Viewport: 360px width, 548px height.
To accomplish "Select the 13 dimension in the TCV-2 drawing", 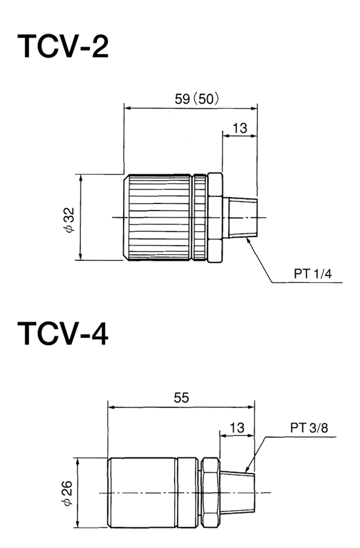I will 239,128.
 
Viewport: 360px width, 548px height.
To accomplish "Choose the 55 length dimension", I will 181,397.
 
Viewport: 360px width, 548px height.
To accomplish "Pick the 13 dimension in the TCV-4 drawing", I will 237,427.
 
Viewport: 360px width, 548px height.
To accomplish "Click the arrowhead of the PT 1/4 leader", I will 248,238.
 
